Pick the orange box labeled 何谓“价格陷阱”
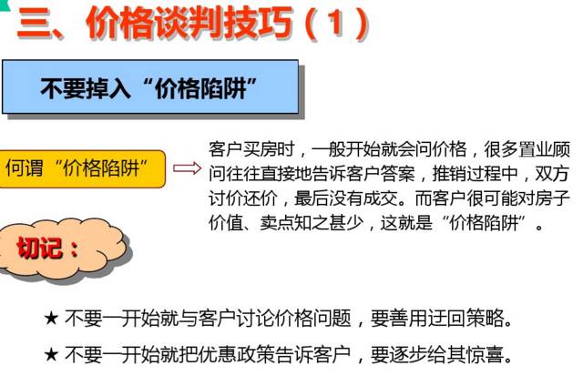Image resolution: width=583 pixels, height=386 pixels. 82,168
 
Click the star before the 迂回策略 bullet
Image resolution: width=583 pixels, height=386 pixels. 52,319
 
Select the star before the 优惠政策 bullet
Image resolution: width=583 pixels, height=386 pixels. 52,353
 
